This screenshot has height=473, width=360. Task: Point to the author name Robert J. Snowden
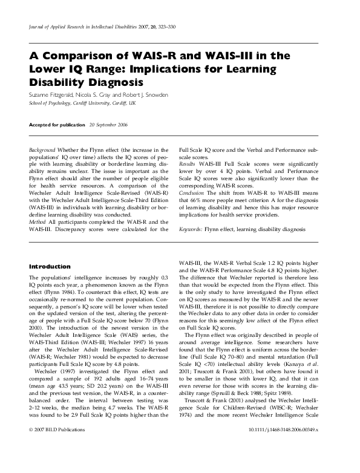coord(149,96)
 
